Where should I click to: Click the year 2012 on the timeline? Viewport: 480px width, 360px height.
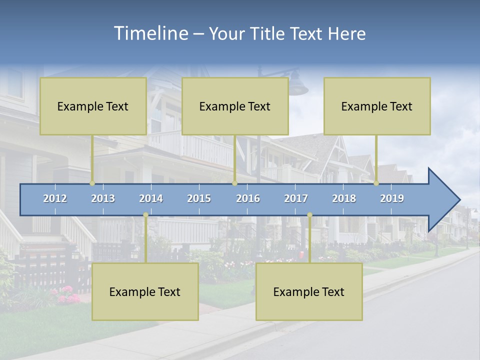[55, 198]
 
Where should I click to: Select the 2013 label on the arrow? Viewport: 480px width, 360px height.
[103, 198]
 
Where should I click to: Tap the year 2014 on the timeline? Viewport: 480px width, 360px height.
[151, 198]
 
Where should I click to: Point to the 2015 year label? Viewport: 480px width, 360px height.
[199, 198]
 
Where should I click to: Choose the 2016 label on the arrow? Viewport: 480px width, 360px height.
[248, 198]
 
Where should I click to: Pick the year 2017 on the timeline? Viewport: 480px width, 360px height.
[296, 198]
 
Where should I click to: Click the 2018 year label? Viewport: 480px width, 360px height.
[344, 198]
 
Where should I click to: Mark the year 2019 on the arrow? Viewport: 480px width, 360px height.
[392, 198]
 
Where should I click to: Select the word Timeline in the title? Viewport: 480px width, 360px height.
[150, 33]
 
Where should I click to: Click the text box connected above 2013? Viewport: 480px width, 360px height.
[93, 106]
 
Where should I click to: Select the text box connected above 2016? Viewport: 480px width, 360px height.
[235, 106]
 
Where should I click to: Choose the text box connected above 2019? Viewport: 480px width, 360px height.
[377, 106]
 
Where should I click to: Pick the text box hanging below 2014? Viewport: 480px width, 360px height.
[145, 291]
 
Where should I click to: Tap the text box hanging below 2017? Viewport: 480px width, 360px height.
[309, 291]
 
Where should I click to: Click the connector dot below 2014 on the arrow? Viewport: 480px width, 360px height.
[145, 215]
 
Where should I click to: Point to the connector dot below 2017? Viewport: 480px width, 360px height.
[309, 215]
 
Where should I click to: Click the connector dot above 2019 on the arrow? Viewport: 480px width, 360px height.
[376, 183]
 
